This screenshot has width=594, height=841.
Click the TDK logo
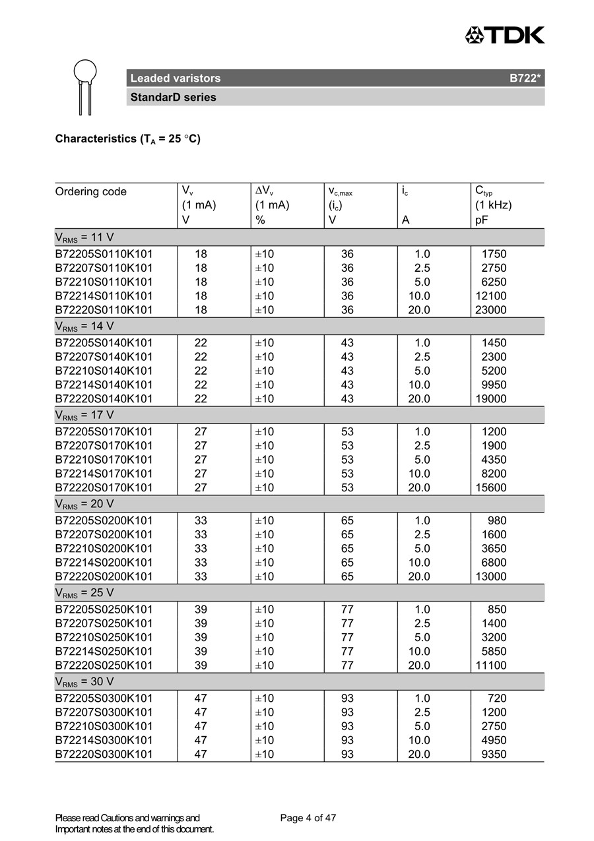point(505,35)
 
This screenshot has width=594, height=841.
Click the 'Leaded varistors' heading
point(176,78)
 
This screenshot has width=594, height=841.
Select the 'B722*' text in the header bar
point(525,78)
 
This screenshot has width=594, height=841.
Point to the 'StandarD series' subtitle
point(173,98)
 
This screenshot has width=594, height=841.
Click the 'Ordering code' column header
point(91,192)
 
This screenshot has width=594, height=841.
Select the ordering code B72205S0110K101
point(104,254)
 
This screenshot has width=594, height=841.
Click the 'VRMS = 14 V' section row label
point(84,327)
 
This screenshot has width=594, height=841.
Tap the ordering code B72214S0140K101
point(104,385)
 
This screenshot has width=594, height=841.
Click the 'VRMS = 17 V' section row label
point(84,416)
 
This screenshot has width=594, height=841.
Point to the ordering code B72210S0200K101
point(104,549)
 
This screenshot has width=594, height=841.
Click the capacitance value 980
point(497,520)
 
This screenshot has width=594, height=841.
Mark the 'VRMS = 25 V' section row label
point(84,593)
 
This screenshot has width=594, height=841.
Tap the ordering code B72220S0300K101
point(104,754)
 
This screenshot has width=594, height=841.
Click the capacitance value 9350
point(494,754)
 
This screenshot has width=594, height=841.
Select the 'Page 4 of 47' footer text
point(308,819)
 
